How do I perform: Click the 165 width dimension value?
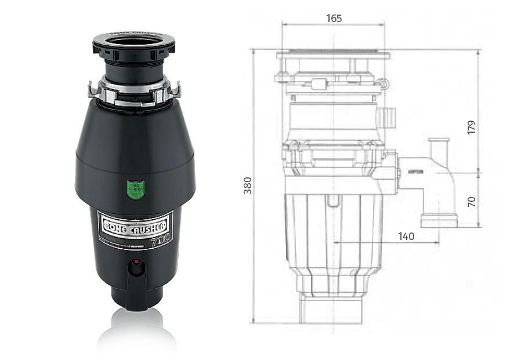[x=334, y=18]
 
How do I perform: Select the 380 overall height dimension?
[x=248, y=184]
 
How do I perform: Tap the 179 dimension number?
[x=471, y=128]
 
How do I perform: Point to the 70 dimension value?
[x=471, y=201]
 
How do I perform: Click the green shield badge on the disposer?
[x=135, y=189]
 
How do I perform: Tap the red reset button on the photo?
[x=135, y=268]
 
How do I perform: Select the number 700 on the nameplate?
[x=160, y=238]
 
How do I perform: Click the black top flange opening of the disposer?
[x=134, y=43]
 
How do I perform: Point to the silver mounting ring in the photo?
[x=134, y=92]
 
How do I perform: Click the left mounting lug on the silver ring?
[x=92, y=90]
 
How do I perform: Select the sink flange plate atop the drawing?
[x=333, y=56]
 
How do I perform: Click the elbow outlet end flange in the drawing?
[x=439, y=221]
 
